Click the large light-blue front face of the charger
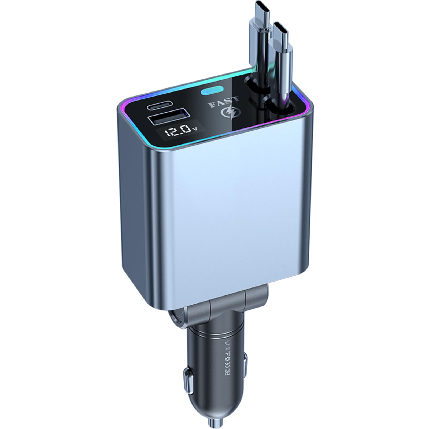(231, 209)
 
